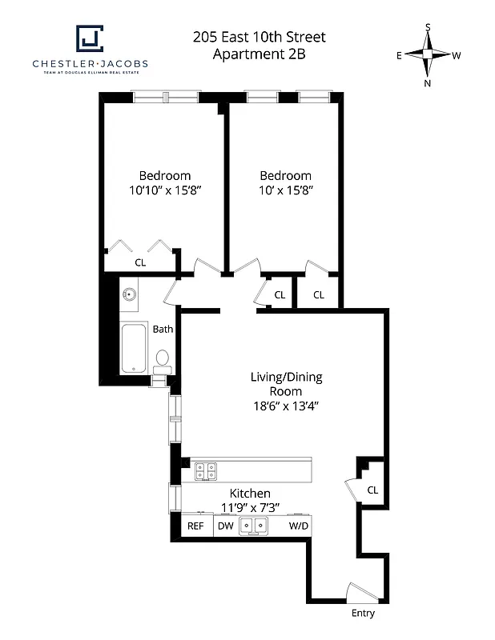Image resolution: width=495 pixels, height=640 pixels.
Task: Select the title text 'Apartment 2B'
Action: pos(259,54)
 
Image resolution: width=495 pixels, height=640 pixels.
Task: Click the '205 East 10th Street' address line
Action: pos(259,37)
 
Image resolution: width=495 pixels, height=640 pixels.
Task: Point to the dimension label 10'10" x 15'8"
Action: pos(164,190)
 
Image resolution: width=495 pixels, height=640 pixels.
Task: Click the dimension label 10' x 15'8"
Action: pos(285,190)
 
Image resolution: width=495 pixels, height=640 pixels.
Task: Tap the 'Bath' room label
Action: pos(163,329)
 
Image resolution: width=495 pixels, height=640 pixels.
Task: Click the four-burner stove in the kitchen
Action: pos(206,471)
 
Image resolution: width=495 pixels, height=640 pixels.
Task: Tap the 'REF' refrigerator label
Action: pos(195,526)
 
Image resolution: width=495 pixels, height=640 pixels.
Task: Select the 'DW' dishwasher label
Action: pos(226,526)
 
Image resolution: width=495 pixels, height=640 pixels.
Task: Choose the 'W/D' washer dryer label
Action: pos(299,526)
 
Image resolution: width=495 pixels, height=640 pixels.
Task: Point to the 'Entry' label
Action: pos(363,614)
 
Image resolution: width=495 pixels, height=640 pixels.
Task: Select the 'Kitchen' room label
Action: pos(250,494)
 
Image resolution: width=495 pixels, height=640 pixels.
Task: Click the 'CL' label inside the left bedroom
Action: pos(140,262)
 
